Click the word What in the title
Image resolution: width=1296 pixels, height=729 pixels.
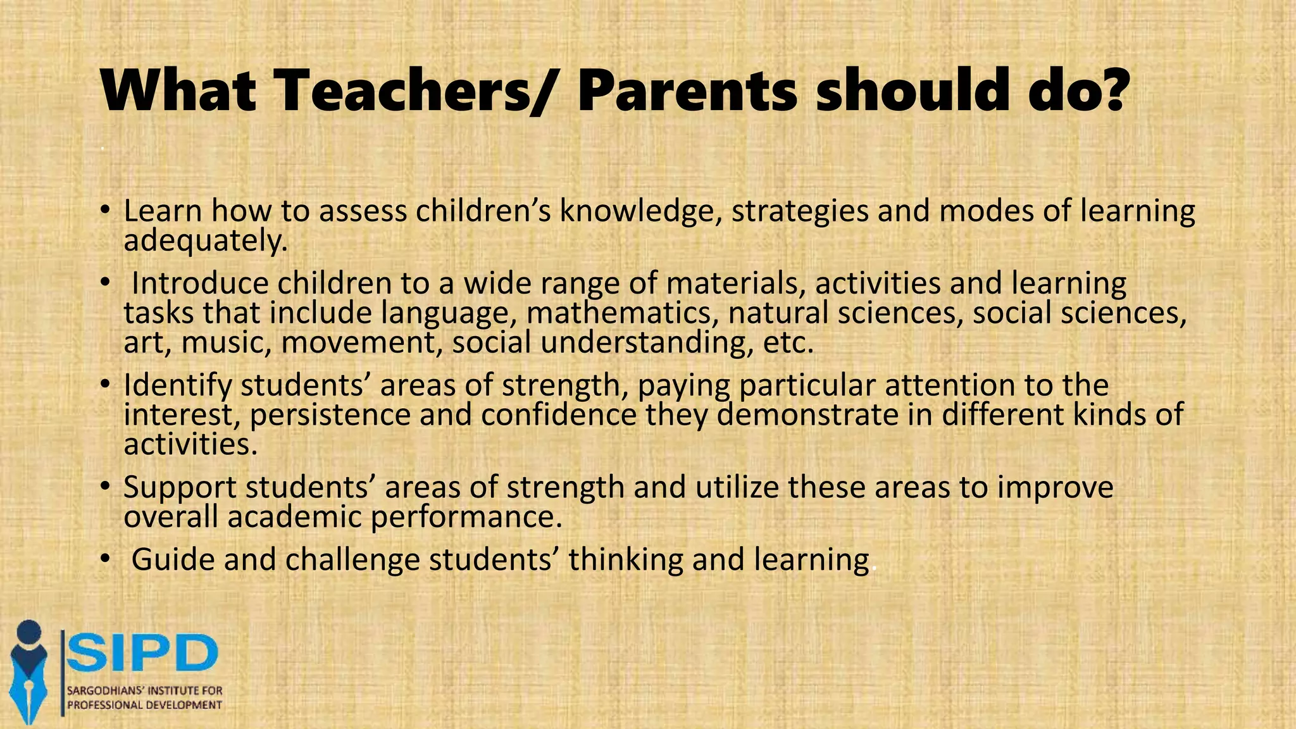coord(178,92)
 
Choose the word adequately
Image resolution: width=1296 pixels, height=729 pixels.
coord(205,241)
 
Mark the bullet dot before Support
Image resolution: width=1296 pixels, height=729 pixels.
coord(106,488)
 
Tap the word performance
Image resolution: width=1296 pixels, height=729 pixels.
coord(466,518)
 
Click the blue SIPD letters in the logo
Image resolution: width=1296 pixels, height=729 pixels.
coord(142,653)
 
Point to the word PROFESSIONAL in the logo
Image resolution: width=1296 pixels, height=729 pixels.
coord(105,705)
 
